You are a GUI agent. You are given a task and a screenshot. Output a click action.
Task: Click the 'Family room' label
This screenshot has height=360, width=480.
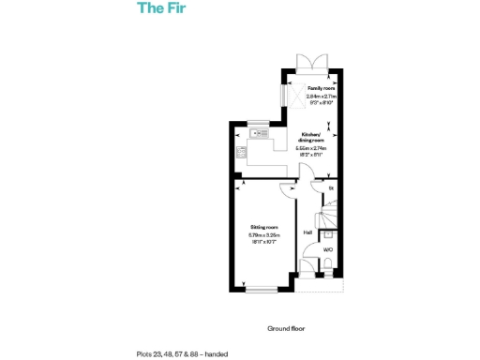pos(321,88)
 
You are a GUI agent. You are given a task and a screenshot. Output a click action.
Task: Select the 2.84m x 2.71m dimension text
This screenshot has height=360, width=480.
pos(321,97)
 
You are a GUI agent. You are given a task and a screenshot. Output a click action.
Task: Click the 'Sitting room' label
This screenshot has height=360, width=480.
pos(264,228)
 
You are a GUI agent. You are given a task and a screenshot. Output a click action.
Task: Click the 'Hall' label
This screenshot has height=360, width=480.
pos(307,232)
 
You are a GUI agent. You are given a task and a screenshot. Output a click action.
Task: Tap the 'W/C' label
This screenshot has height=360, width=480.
pos(328,250)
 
